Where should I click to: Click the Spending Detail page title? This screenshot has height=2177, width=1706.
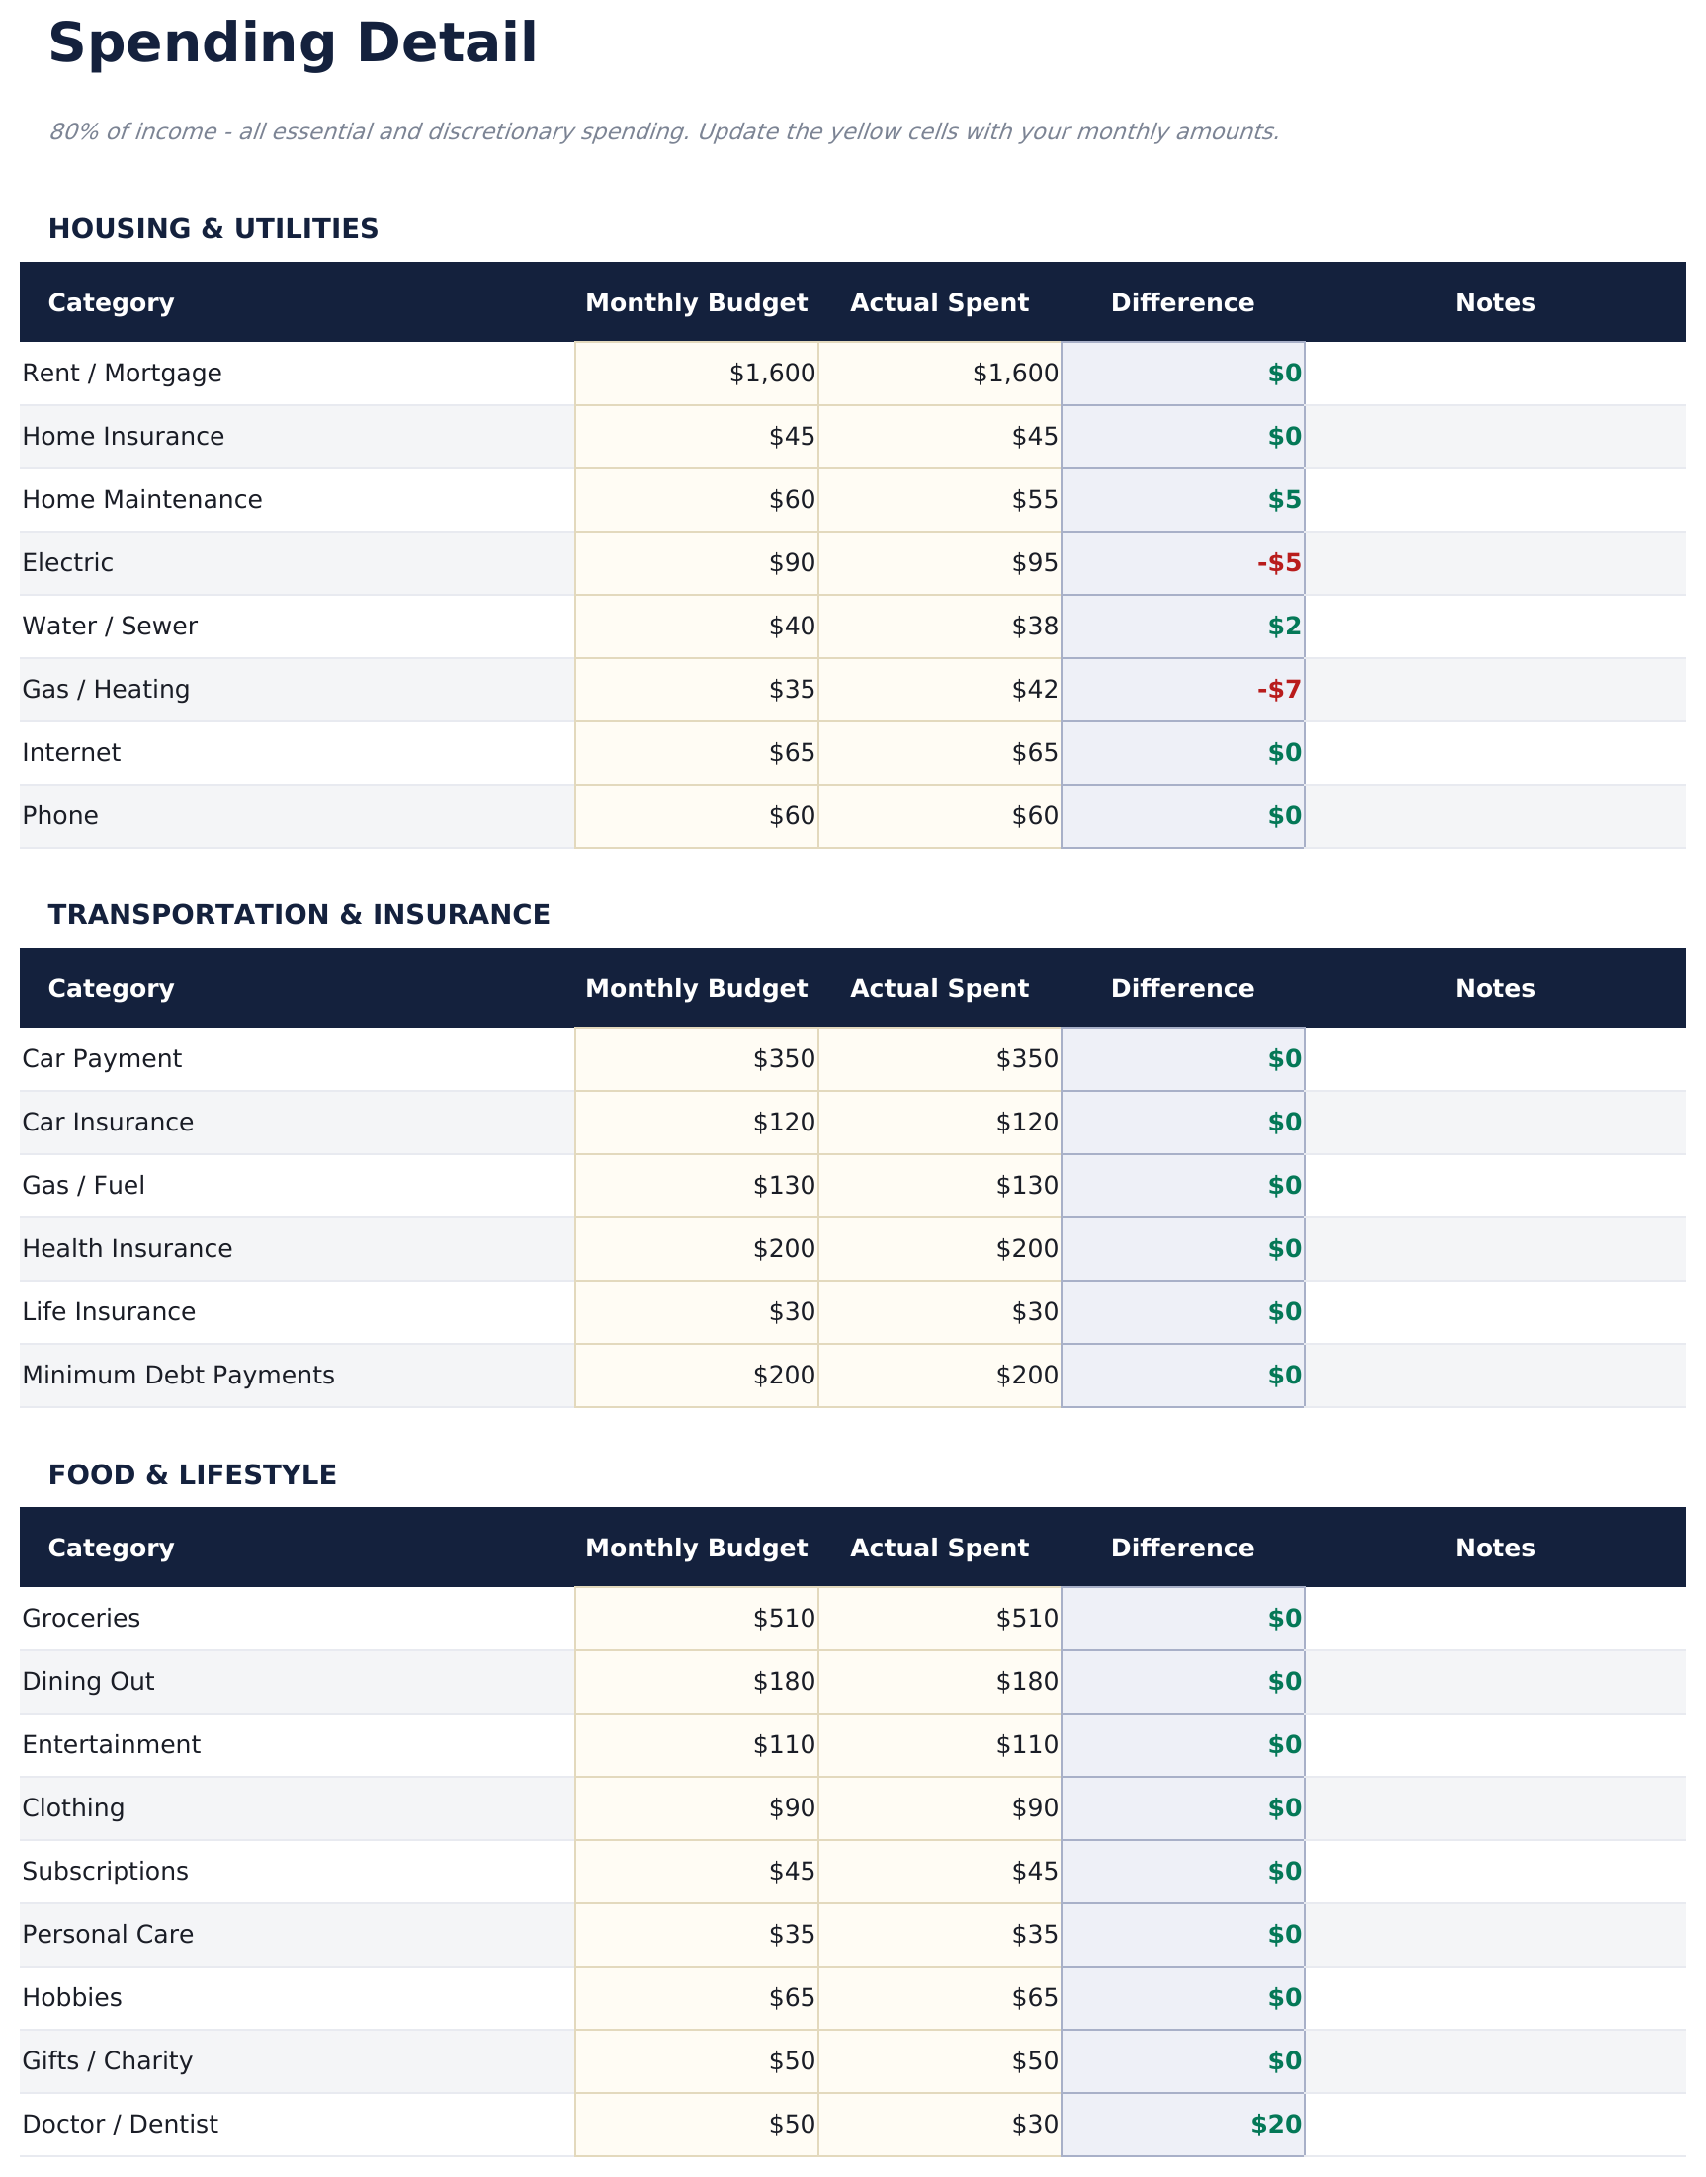[x=293, y=44]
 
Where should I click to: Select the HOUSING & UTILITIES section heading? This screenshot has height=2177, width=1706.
[x=213, y=229]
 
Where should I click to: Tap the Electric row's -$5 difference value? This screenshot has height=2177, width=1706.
[x=1278, y=563]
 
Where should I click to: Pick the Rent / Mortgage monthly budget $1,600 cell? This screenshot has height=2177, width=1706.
[x=771, y=374]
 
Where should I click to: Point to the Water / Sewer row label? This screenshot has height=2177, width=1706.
[x=110, y=627]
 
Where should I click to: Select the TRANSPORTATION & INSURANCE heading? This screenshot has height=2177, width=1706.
[x=299, y=915]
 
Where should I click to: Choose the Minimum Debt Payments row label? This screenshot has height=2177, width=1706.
[x=178, y=1376]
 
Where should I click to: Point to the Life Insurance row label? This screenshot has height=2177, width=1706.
[x=109, y=1312]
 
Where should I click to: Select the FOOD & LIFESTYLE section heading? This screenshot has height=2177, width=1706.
[x=192, y=1475]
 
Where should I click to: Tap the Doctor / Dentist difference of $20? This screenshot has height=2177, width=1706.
[x=1275, y=2124]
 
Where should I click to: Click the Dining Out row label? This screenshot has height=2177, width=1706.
[x=88, y=1682]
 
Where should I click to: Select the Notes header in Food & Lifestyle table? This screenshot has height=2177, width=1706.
[x=1494, y=1548]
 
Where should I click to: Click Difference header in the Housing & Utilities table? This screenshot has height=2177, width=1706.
[x=1181, y=302]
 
